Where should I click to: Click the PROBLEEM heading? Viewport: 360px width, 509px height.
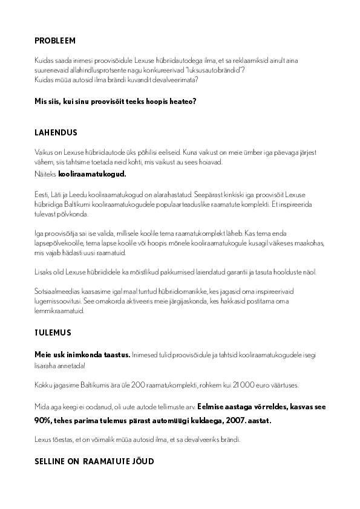click(x=54, y=41)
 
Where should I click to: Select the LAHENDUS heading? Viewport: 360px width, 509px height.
click(x=56, y=132)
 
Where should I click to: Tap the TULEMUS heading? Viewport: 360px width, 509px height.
click(x=53, y=332)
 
